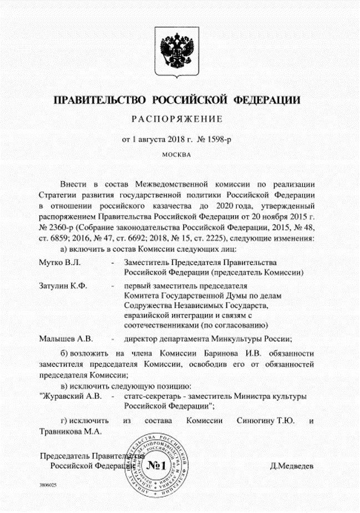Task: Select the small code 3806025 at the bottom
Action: [x=48, y=485]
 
